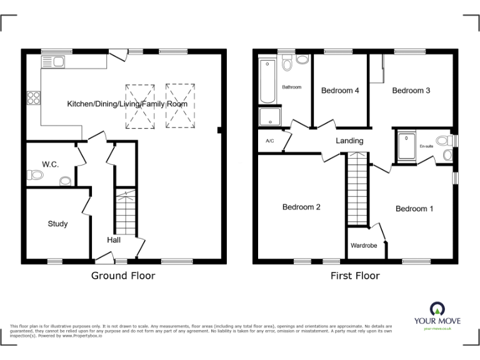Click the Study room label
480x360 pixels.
[x=57, y=224]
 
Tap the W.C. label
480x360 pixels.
[x=50, y=164]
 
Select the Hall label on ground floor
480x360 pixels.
[x=114, y=240]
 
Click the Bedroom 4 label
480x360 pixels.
[x=340, y=91]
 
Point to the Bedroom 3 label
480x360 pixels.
[x=411, y=91]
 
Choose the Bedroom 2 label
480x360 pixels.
[x=301, y=207]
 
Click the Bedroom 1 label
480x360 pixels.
[x=414, y=209]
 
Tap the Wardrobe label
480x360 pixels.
[x=364, y=246]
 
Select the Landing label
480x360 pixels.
[x=349, y=141]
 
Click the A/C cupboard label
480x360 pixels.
[x=270, y=141]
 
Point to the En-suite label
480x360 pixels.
[x=426, y=146]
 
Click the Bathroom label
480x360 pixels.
[x=291, y=87]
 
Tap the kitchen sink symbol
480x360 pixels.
[x=54, y=61]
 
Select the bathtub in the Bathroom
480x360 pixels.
[x=267, y=81]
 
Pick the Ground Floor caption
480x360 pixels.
[x=123, y=276]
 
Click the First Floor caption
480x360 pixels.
[x=354, y=276]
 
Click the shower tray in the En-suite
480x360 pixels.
[x=407, y=146]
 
